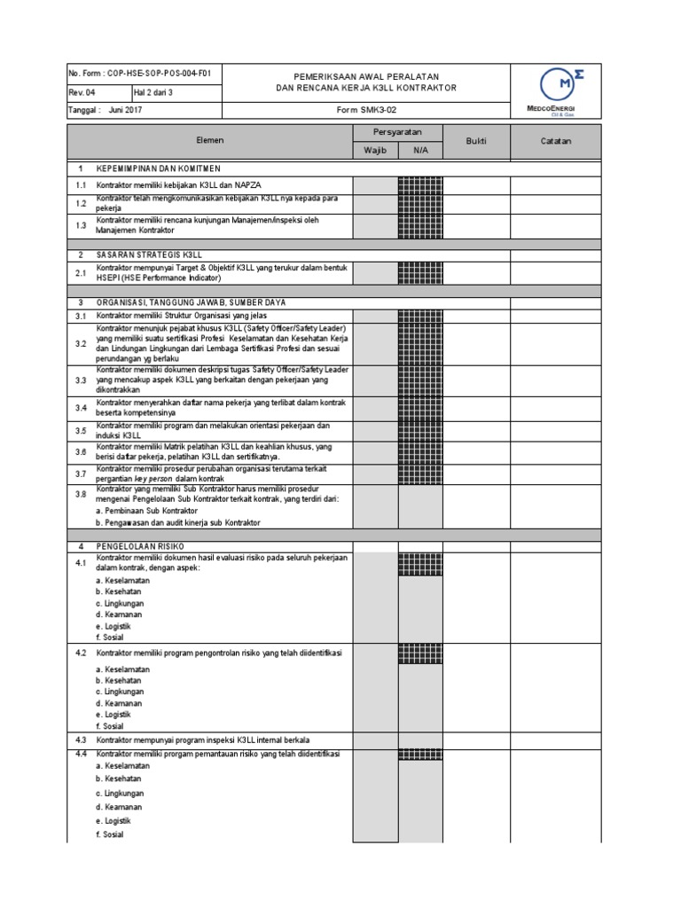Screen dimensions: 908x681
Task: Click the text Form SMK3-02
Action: (366, 111)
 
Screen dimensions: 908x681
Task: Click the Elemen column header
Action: (210, 141)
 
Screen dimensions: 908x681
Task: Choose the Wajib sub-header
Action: (376, 150)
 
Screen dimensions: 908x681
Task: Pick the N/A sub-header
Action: (420, 150)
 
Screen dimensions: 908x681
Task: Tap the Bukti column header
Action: (476, 141)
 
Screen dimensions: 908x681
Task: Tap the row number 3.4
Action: (81, 408)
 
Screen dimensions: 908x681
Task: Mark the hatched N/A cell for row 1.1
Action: (420, 184)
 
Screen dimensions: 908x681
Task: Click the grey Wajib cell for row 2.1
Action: (376, 272)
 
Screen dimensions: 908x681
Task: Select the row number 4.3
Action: (81, 739)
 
